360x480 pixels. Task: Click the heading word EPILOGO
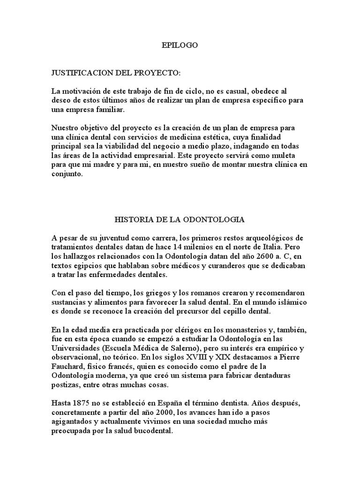(x=180, y=45)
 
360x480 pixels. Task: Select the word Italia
(x=269, y=247)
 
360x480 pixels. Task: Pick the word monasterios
(x=225, y=329)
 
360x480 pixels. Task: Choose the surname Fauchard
(x=68, y=366)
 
